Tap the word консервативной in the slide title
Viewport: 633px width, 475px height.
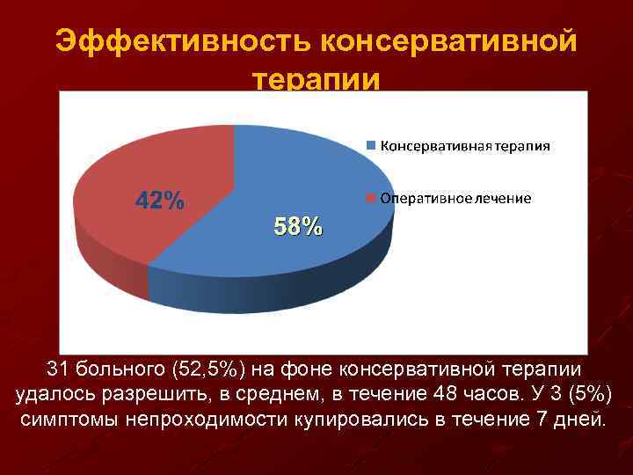click(448, 40)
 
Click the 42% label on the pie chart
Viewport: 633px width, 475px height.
click(159, 201)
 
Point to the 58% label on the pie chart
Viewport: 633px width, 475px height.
click(298, 227)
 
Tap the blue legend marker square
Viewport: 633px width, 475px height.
click(372, 146)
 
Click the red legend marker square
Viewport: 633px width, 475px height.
click(372, 199)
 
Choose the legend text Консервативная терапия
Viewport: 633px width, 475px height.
click(465, 146)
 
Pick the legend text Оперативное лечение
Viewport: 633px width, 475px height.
click(455, 199)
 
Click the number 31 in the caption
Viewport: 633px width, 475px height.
click(57, 369)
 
